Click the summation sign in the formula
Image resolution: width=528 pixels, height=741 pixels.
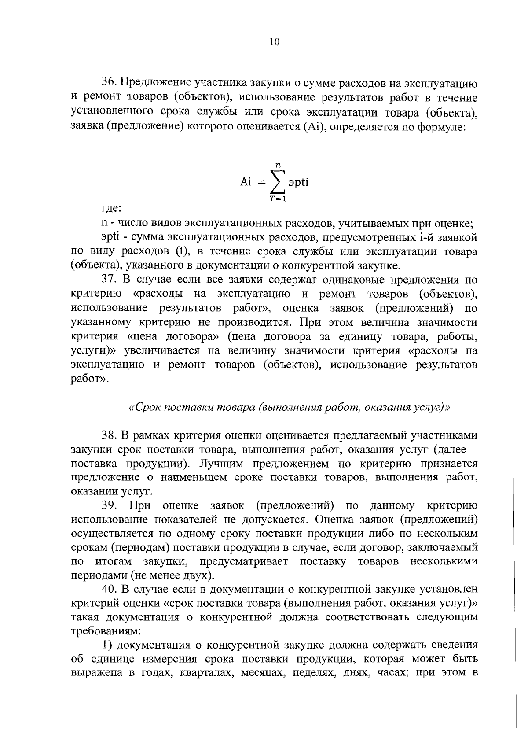click(278, 182)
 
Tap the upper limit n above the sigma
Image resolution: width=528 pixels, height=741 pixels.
click(278, 164)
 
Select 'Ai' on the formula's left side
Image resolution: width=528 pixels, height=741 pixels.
click(246, 182)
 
